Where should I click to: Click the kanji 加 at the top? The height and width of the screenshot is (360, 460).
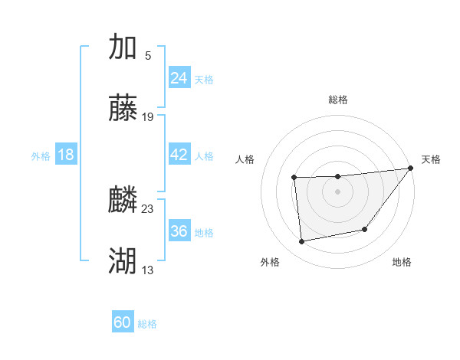click(123, 47)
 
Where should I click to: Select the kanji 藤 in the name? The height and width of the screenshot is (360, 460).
click(123, 109)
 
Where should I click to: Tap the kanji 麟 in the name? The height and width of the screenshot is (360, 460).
click(123, 200)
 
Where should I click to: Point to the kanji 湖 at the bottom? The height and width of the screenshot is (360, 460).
click(123, 261)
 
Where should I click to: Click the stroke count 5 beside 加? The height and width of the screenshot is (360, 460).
click(148, 55)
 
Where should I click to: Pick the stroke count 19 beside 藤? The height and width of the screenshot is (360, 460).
click(148, 117)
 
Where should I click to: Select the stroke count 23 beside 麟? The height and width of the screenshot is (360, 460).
click(148, 208)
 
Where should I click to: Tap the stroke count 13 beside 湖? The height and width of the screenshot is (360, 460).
click(148, 270)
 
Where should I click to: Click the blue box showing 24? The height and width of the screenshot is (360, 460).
click(179, 78)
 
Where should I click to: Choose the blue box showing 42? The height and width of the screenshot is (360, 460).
click(179, 155)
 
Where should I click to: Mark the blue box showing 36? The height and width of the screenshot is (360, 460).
click(179, 231)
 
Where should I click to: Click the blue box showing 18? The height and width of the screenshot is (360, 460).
click(66, 155)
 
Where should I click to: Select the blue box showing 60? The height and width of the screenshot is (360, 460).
click(123, 322)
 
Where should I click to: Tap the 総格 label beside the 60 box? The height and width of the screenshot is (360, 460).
click(148, 324)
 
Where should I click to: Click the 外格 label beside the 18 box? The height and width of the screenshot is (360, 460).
click(41, 156)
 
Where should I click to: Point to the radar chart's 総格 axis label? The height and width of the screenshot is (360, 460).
click(338, 100)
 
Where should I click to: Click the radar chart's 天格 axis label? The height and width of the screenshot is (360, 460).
click(431, 159)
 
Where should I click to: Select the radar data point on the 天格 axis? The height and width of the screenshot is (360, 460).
click(411, 169)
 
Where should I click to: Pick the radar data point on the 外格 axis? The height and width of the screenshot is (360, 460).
click(302, 242)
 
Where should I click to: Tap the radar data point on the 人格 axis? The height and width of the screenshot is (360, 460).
click(294, 178)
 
